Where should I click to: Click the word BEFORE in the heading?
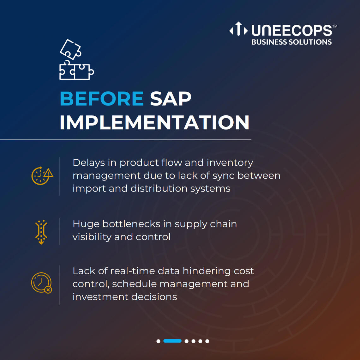tap(102, 99)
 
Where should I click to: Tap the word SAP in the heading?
tap(171, 99)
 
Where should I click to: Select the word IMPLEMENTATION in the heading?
tap(154, 122)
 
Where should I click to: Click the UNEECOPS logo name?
tap(292, 30)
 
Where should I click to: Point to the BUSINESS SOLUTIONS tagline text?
tap(291, 42)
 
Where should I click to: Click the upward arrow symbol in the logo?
tap(238, 29)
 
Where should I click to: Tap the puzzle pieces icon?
tap(76, 59)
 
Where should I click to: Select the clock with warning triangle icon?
tap(42, 176)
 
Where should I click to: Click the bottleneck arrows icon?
tap(41, 232)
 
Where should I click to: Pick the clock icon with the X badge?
tap(42, 283)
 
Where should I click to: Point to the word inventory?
tap(230, 163)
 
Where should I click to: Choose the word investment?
tap(100, 297)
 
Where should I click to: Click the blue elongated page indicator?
tap(172, 341)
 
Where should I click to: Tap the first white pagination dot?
tap(159, 341)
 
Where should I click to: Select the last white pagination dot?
tap(207, 341)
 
